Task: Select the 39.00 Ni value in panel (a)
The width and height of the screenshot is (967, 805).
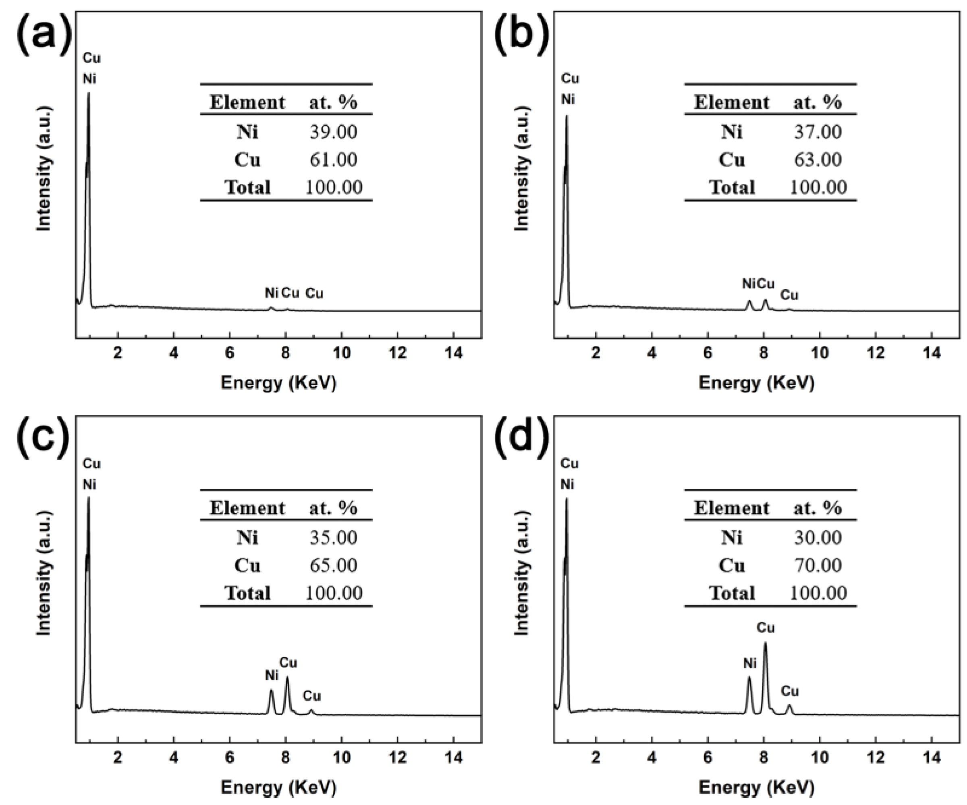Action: (x=333, y=132)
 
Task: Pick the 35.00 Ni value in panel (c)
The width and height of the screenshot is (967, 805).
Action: (x=333, y=538)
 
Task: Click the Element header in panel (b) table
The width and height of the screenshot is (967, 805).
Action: (x=731, y=102)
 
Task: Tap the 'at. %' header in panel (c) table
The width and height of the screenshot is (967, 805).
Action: (x=333, y=508)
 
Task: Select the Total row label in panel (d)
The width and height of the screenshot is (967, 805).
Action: (x=732, y=593)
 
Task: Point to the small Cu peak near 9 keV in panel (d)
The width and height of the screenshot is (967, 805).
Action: (x=790, y=706)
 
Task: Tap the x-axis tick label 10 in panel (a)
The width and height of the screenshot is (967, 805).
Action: (x=341, y=353)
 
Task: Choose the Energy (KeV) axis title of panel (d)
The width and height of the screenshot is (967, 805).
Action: (x=756, y=788)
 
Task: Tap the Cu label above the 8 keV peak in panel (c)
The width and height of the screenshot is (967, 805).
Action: (x=288, y=663)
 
